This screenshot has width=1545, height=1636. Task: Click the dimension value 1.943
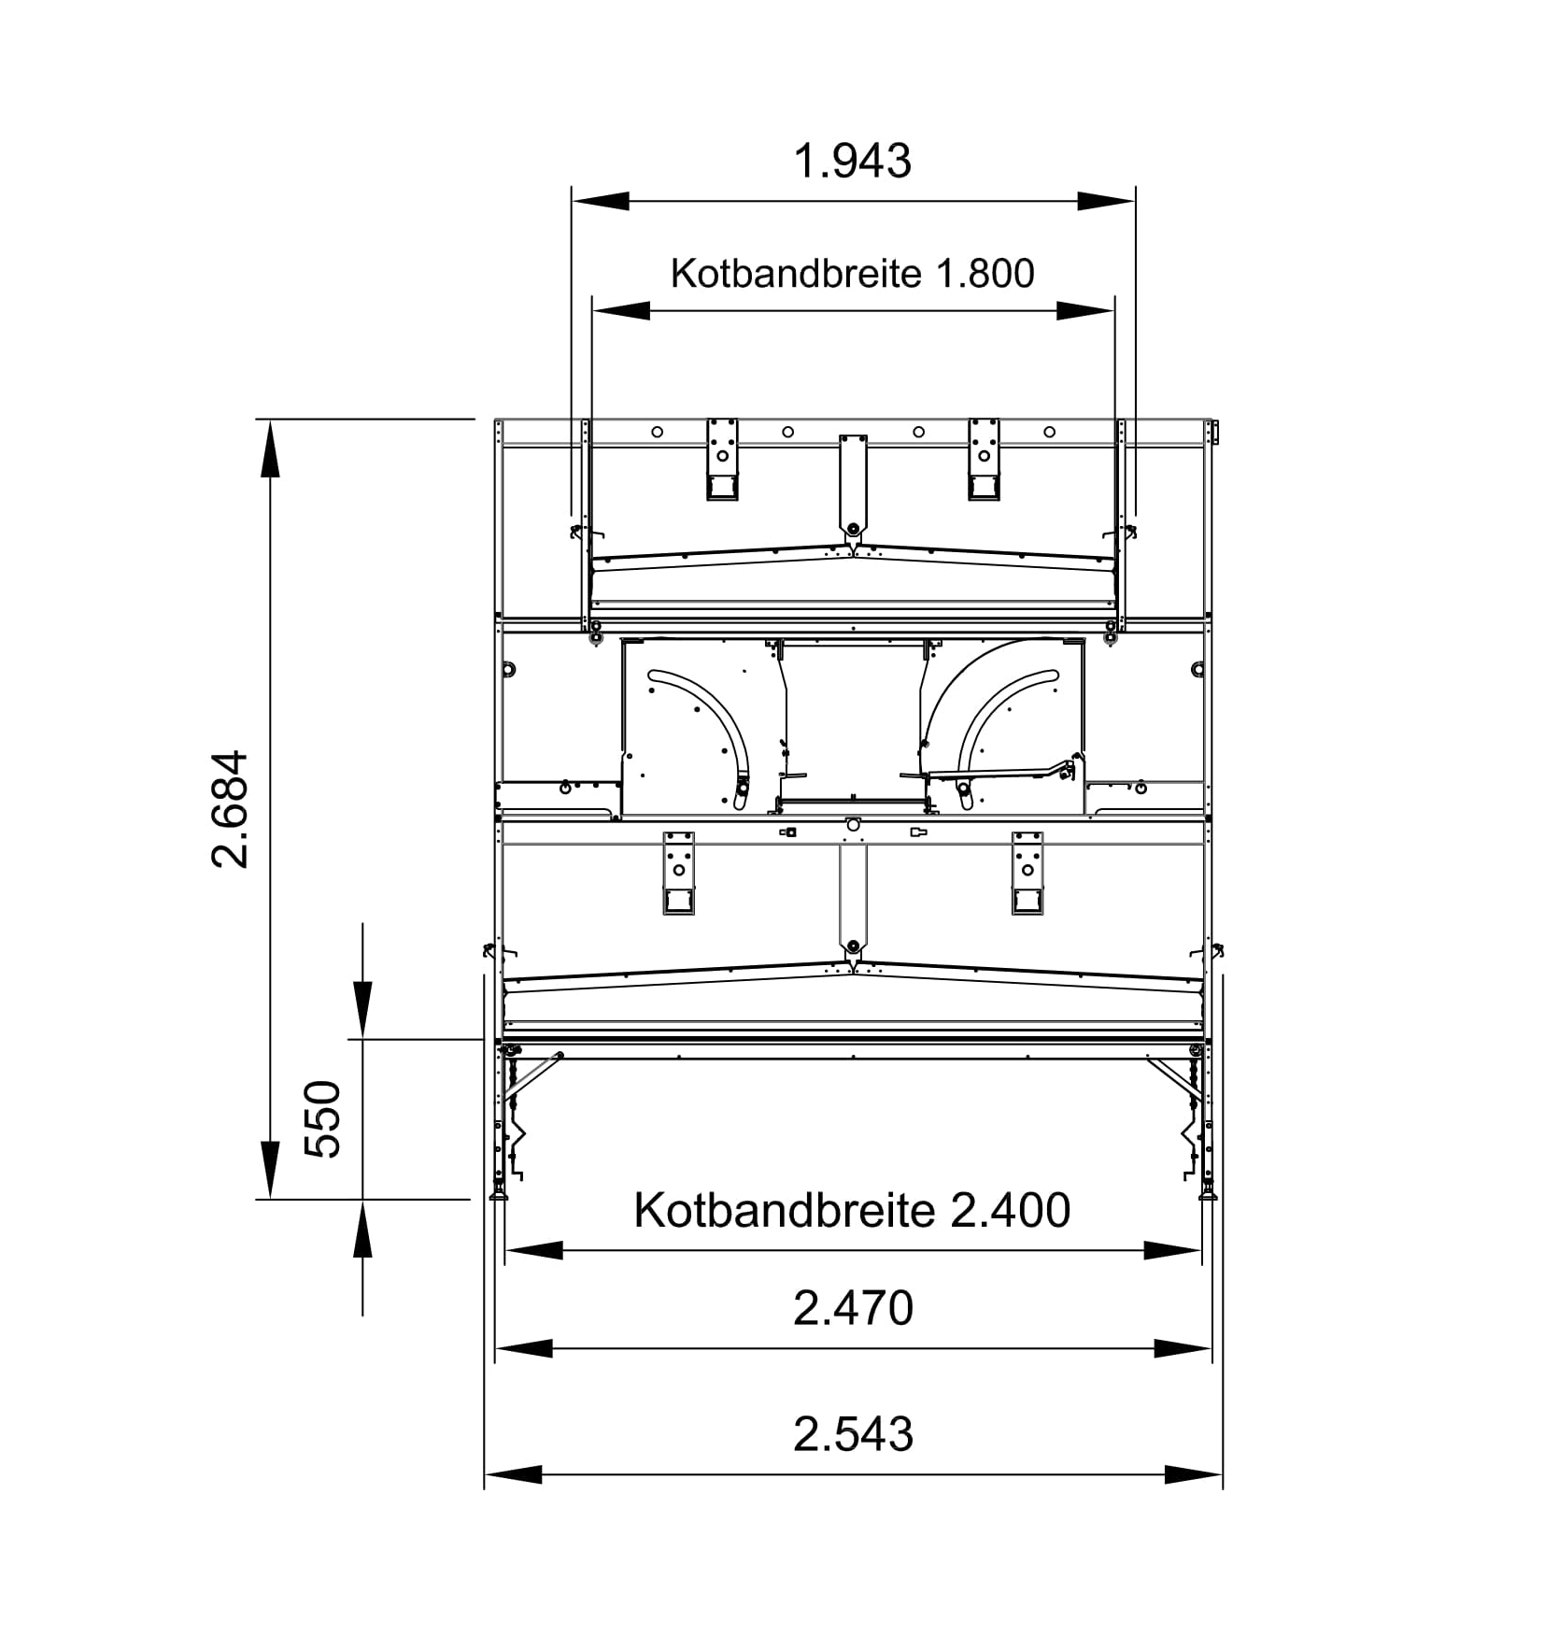pos(852,161)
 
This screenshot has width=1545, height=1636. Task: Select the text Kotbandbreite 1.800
pos(852,274)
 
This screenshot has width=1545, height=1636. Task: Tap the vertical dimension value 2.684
pos(230,808)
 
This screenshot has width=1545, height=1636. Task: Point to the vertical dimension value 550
pos(324,1118)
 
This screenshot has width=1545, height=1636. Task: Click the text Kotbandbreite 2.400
pos(852,1210)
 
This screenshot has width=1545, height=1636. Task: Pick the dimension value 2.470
pos(853,1308)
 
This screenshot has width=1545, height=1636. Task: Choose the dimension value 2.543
pos(853,1434)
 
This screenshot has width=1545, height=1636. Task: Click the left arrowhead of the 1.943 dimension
pos(601,201)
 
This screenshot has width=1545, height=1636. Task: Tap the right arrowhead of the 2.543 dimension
pos(1194,1475)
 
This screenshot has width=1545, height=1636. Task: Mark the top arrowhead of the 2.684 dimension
pos(270,448)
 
